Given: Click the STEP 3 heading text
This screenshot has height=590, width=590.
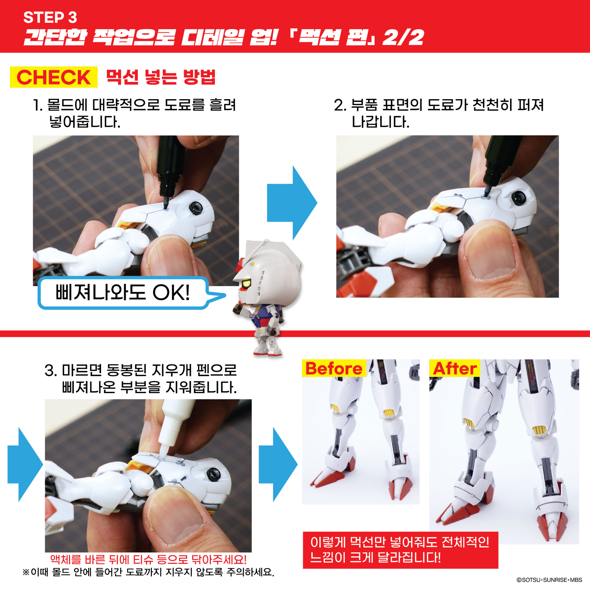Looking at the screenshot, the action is point(50,17).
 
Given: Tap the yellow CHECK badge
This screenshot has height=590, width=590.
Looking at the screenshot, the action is point(54,77).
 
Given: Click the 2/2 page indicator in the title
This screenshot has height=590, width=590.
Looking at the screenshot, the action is point(403,37).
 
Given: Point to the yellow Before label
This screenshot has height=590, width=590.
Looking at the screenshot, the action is point(334,368).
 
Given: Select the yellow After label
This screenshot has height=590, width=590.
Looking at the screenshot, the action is point(455,368).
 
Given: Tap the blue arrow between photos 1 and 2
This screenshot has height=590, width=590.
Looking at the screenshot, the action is point(292,203).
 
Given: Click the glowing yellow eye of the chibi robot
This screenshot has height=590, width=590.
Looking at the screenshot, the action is point(246,284).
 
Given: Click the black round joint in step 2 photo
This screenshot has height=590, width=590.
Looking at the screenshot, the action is point(518,198).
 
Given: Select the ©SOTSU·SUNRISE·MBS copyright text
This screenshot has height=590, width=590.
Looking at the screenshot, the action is point(549,580).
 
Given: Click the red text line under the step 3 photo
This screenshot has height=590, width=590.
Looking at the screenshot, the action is point(148,559).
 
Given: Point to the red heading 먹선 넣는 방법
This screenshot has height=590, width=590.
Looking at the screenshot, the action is point(161,77).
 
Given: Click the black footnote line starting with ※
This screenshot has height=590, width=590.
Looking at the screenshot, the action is point(148,572).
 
